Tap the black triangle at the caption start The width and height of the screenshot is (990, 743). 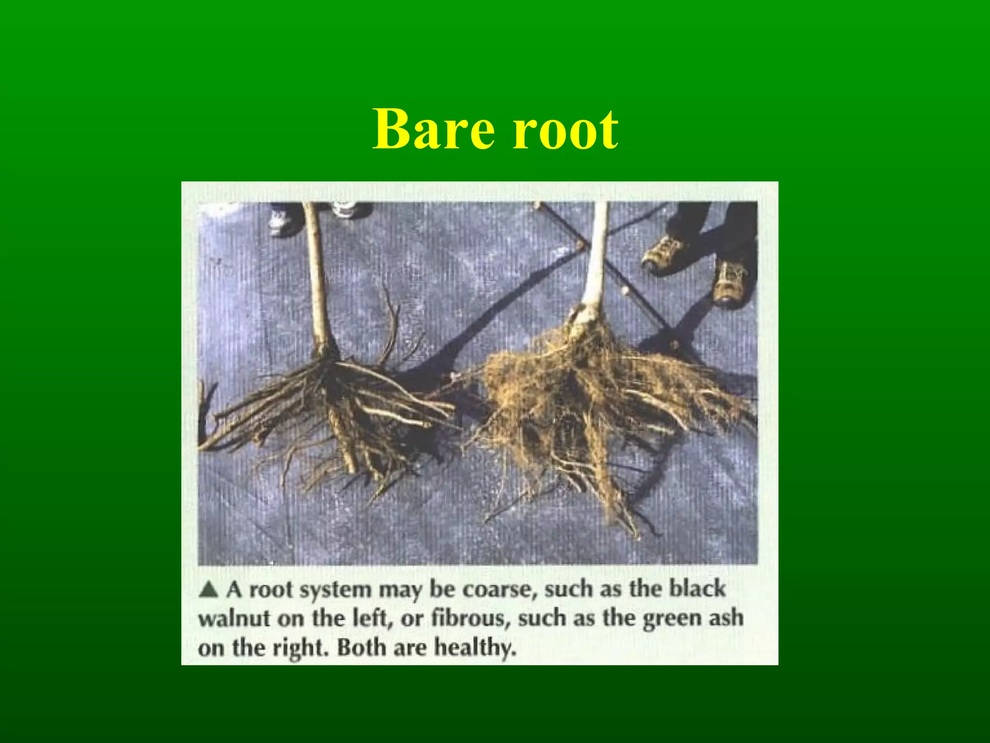pos(209,590)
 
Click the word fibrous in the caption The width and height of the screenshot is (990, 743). pos(471,619)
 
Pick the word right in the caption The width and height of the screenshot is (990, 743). pos(300,648)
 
